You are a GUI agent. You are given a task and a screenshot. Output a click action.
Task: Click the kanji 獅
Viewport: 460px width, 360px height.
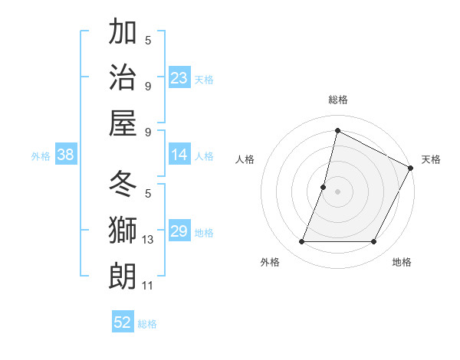point(123,231)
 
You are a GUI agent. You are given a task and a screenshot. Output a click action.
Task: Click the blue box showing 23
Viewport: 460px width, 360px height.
point(179,78)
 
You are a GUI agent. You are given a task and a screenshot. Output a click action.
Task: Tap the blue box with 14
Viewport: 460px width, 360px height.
point(179,155)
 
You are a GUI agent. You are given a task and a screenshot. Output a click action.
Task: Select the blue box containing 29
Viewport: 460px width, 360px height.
point(179,231)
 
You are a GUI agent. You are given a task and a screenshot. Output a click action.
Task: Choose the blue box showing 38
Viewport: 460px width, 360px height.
point(66,155)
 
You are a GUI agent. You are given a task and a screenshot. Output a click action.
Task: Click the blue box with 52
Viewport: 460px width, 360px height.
point(123,322)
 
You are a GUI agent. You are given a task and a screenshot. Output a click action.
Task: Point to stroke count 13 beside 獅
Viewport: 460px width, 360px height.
point(149,240)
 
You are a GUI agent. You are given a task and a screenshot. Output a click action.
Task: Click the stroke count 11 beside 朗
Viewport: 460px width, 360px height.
point(148,286)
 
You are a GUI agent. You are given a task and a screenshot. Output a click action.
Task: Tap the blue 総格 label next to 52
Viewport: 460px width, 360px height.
point(147,324)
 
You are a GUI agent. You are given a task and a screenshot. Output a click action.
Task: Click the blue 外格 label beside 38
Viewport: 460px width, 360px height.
point(41,156)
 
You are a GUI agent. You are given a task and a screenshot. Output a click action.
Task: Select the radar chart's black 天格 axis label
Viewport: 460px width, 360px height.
point(431,159)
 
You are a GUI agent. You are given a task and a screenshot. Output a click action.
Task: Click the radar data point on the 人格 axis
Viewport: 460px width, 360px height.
point(324,187)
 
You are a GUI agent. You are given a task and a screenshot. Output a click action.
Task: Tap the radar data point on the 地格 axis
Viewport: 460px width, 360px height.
point(374,242)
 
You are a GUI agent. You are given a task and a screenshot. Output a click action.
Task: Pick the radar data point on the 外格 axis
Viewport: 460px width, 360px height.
point(301,242)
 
